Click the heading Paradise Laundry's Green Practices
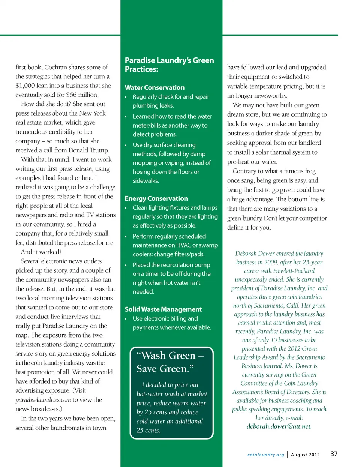coord(169,65)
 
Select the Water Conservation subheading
coord(154,87)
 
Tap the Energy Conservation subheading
coord(156,198)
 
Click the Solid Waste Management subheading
coord(163,309)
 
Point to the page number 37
coord(334,454)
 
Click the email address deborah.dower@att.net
coord(279,426)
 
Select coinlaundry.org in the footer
coord(266,455)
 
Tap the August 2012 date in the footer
coord(305,455)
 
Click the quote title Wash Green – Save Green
coord(170,362)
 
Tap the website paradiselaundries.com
coord(43,400)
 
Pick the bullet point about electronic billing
coord(171,323)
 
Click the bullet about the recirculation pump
coord(171,278)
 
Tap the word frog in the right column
coord(310,171)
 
